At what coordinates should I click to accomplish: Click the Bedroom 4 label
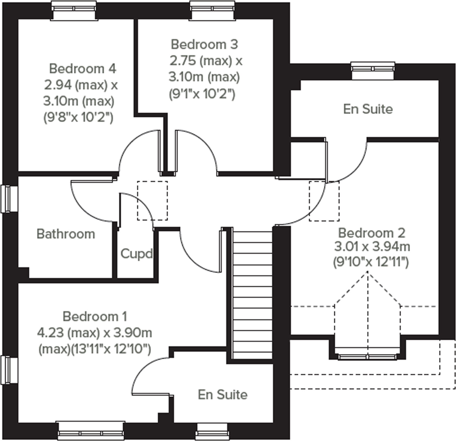point(83,69)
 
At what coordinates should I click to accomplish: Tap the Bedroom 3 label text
point(204,44)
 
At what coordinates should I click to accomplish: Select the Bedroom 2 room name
point(372,233)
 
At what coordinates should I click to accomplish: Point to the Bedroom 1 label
point(95,316)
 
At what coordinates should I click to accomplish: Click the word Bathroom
point(66,234)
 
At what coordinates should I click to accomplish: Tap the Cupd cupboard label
point(136,254)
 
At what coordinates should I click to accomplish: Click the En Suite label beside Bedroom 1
point(222,395)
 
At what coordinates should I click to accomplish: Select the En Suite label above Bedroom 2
point(368,109)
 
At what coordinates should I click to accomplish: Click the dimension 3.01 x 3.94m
point(372,246)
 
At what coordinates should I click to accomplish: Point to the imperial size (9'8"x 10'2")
point(78,118)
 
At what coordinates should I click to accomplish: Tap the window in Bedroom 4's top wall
point(74,10)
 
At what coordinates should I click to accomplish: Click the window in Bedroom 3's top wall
point(212,10)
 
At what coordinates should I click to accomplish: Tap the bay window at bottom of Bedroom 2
point(368,357)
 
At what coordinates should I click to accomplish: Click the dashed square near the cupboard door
point(152,201)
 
